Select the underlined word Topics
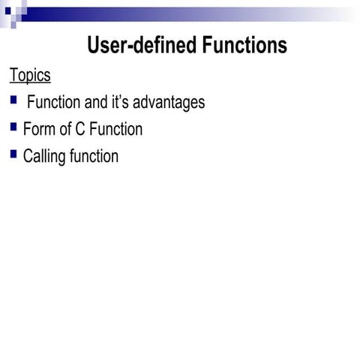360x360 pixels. point(30,76)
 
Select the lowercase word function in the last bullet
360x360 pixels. point(94,156)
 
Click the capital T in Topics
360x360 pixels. point(13,76)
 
